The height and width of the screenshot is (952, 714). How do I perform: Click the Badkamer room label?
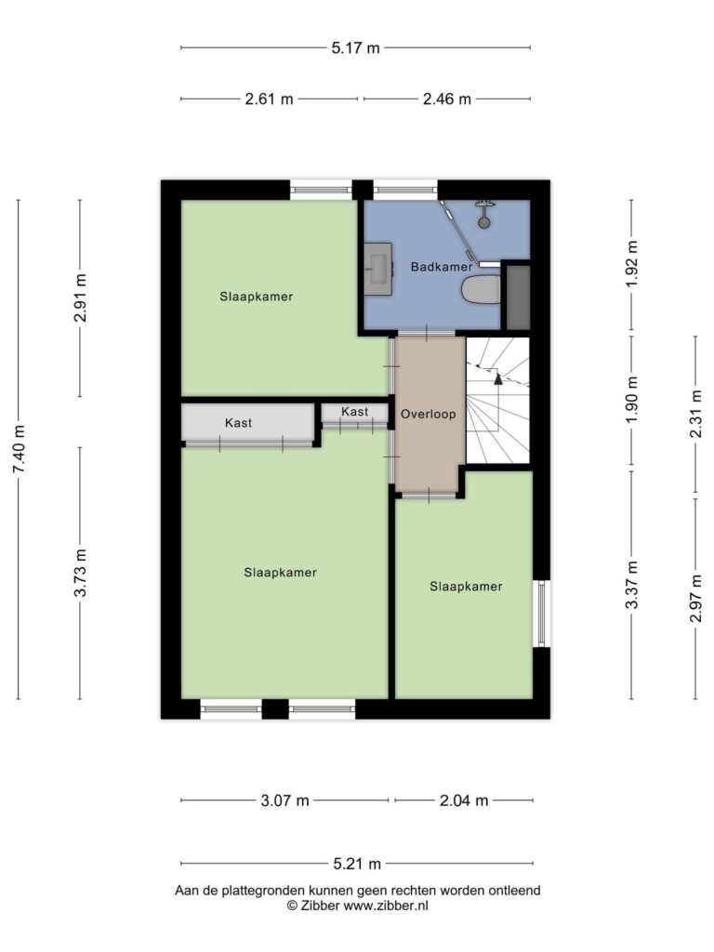pos(442,267)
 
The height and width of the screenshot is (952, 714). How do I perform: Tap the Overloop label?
pos(428,414)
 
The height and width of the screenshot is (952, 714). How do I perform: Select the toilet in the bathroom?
pos(481,290)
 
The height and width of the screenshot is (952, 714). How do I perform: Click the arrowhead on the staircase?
pos(498,379)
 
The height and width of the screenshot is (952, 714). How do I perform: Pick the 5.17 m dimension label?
pos(355,48)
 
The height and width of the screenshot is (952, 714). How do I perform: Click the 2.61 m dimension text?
pos(269,99)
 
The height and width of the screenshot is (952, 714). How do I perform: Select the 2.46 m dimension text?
pos(447,99)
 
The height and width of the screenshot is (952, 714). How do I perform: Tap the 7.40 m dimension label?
pos(19,449)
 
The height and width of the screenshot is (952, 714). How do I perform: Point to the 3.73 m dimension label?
pos(80,573)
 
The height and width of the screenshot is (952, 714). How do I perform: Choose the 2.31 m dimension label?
pos(696,414)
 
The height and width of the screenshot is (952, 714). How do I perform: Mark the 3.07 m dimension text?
pos(284,800)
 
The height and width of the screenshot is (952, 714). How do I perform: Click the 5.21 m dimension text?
pos(357,864)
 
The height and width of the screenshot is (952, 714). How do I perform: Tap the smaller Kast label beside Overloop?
pos(354,412)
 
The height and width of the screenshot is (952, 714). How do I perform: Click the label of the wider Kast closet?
pos(238,423)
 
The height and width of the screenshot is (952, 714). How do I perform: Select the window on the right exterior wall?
pos(542,614)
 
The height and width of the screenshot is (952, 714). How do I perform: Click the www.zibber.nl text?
pos(386,906)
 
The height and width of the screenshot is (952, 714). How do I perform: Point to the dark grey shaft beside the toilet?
pos(519,297)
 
